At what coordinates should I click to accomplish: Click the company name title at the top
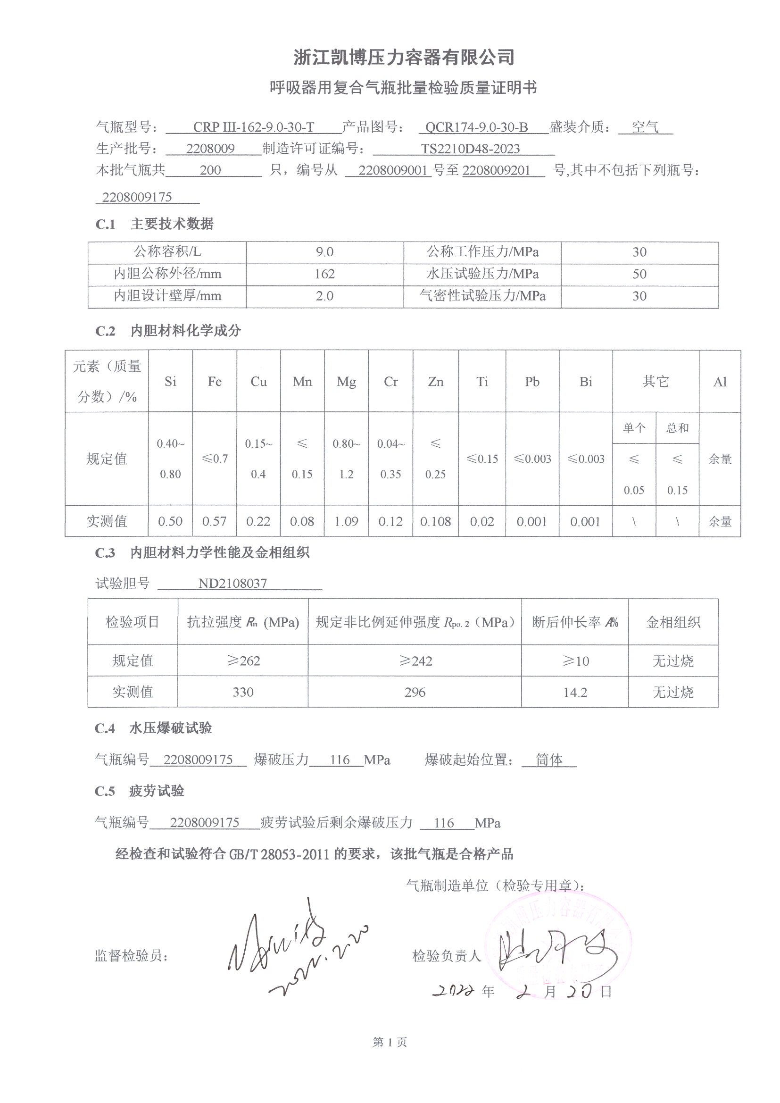(x=404, y=58)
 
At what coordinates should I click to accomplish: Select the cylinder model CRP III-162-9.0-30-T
(x=253, y=127)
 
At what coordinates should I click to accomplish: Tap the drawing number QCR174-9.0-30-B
(x=476, y=127)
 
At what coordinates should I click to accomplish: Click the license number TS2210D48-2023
(x=470, y=149)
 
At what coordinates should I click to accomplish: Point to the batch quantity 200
(x=210, y=170)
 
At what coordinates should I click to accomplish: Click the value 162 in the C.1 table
(x=324, y=274)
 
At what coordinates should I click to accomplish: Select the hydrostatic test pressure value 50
(x=639, y=274)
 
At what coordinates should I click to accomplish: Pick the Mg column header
(x=346, y=382)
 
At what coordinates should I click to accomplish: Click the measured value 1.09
(x=346, y=521)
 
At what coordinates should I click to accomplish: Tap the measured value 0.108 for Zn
(x=436, y=521)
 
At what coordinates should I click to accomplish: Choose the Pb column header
(x=532, y=382)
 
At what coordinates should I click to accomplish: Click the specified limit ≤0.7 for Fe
(x=214, y=459)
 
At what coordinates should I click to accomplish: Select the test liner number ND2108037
(x=232, y=583)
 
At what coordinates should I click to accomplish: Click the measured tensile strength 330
(x=243, y=692)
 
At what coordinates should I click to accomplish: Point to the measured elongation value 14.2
(x=575, y=692)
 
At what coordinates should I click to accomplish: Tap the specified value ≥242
(x=415, y=661)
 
